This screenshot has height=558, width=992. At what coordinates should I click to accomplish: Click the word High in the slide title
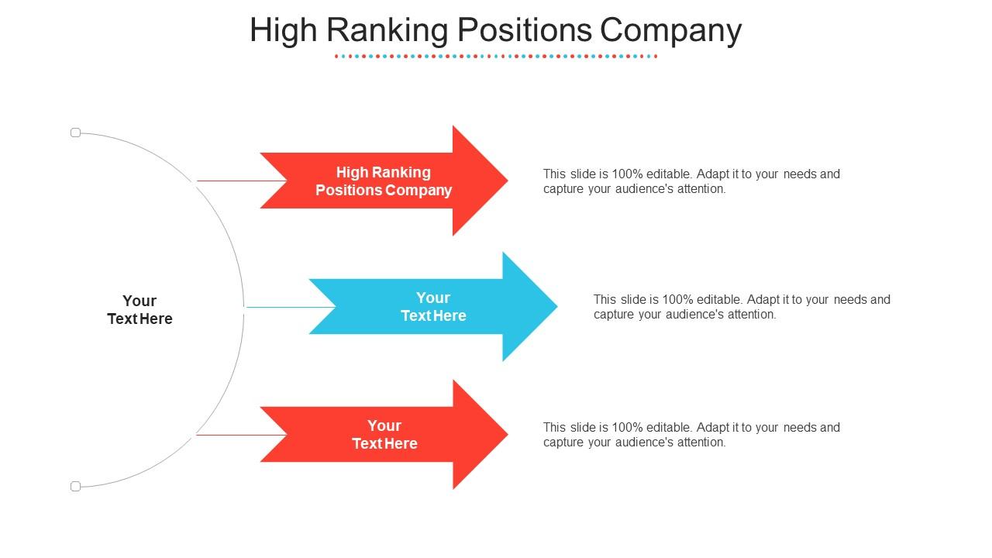(284, 31)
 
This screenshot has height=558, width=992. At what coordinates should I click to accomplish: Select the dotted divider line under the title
(496, 57)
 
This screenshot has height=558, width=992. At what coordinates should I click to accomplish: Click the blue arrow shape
(433, 306)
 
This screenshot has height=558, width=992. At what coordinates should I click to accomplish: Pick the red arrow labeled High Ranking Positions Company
(384, 181)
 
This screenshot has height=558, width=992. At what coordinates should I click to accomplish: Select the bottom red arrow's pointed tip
(508, 435)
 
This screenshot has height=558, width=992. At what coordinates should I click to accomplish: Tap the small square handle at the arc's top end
(76, 133)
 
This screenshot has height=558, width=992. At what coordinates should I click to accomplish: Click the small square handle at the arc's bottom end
(76, 486)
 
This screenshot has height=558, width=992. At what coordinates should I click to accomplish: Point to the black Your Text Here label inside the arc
(139, 309)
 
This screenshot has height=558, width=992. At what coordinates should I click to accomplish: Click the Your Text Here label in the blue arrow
(433, 306)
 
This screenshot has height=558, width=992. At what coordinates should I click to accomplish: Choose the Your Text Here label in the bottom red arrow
(384, 435)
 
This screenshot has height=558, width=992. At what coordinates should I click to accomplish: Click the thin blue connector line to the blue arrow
(291, 307)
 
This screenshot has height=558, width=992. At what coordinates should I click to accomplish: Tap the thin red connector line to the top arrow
(242, 181)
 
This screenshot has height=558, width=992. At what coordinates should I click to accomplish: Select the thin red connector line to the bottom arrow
(241, 435)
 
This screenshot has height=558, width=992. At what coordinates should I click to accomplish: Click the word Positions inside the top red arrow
(348, 190)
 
